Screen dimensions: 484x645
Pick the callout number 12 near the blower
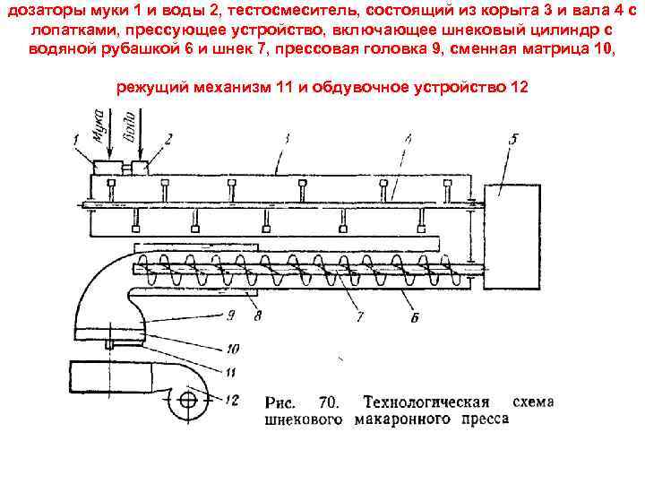tap(234, 400)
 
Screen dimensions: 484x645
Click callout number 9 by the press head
tap(231, 314)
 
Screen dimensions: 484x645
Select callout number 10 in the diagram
tap(232, 350)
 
